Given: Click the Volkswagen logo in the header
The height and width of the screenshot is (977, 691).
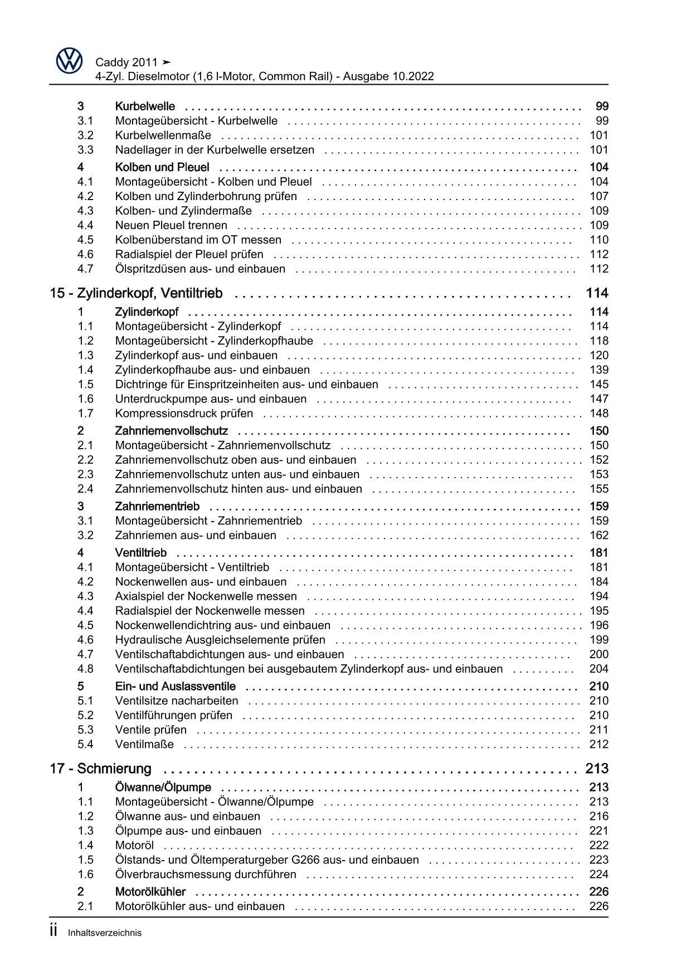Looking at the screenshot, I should tap(70, 61).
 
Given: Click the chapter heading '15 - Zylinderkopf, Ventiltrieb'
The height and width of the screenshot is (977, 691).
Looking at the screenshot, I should tap(136, 293).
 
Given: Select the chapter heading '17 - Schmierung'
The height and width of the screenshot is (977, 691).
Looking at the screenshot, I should tap(100, 769).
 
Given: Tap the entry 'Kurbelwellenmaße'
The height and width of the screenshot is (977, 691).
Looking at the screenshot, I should tap(163, 135).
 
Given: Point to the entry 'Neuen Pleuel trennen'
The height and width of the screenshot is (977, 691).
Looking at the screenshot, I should tap(171, 225).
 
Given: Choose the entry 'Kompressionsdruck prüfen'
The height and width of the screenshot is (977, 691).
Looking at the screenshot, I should tap(184, 413).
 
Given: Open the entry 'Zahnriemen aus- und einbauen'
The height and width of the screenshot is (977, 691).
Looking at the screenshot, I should tap(196, 535).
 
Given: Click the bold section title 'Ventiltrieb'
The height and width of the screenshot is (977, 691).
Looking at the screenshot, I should tap(140, 553).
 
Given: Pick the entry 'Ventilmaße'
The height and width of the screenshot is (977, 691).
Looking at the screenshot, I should tap(144, 744).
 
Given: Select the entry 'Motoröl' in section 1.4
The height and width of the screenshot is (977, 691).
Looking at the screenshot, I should tap(134, 845).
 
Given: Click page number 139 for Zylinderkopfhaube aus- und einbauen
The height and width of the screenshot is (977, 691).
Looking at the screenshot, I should tap(599, 370).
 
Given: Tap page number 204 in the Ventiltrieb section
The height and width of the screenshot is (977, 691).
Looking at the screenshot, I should tap(599, 669).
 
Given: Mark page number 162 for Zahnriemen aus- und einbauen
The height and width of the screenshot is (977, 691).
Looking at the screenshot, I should tap(599, 535).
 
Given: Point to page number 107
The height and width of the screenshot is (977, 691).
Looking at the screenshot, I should tap(599, 196).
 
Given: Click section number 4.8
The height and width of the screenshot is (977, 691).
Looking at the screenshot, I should tap(85, 669).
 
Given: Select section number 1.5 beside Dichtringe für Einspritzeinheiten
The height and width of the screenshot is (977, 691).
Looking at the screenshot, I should tap(85, 384).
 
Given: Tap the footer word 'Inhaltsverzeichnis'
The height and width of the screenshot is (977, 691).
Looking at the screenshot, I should tap(105, 933).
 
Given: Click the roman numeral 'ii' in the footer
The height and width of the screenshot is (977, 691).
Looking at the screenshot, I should tap(53, 931).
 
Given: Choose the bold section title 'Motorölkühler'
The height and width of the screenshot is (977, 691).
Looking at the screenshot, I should tap(150, 892).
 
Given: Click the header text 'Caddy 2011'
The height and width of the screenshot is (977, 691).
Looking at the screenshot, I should tap(126, 62).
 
